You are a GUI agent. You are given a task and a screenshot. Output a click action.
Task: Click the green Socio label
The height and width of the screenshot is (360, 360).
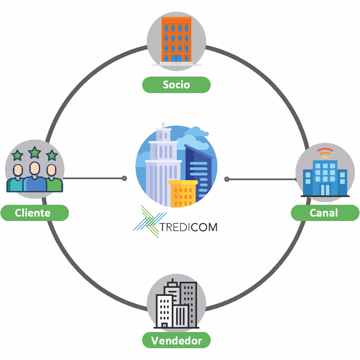point(176,85)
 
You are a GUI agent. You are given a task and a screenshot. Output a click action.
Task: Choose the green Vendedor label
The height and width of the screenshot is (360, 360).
point(176,340)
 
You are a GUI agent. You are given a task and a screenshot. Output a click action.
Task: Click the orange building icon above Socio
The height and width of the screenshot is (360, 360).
point(176,40)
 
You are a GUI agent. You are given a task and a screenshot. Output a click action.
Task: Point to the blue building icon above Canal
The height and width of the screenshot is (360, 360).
point(325,177)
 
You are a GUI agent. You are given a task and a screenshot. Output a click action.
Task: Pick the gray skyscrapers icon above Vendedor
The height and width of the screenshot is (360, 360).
point(176,306)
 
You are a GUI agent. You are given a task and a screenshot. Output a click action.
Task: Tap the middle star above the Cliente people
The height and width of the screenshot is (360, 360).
point(35,153)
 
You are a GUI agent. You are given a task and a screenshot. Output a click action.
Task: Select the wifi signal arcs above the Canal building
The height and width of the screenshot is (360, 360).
point(325,153)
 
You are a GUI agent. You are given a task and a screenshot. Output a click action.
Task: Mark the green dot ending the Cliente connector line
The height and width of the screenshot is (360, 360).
point(124,178)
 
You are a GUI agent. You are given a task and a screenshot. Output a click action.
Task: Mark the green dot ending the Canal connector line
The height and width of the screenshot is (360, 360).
point(227,179)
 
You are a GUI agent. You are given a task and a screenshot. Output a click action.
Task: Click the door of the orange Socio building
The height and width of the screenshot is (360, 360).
point(176,59)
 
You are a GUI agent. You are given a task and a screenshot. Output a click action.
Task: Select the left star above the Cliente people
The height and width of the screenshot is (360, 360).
point(17,156)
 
